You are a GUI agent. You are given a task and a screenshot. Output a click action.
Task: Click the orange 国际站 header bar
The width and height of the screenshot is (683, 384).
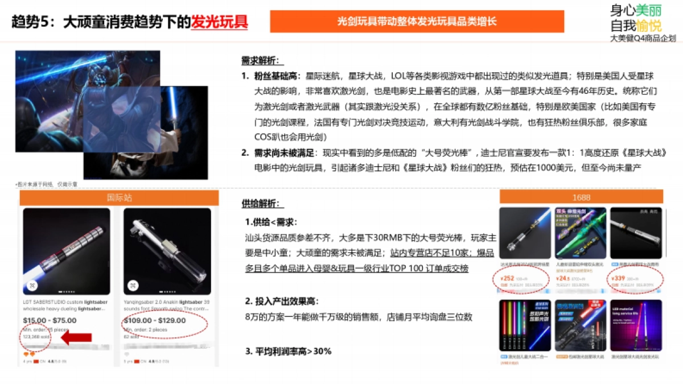pos(119,197)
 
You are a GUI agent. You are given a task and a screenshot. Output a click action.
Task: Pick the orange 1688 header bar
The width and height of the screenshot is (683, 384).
pos(581,197)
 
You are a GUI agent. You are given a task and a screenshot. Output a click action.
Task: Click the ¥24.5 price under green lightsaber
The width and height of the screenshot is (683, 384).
pos(563,278)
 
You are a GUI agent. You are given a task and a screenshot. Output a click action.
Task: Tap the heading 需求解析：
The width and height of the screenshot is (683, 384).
pos(262,61)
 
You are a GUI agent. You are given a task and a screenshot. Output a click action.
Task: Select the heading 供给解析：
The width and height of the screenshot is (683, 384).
pos(262,203)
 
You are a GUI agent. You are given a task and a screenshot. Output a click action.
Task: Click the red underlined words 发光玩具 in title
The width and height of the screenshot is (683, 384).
pos(219,22)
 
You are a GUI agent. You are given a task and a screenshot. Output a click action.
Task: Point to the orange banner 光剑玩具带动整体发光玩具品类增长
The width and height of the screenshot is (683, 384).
pos(417,22)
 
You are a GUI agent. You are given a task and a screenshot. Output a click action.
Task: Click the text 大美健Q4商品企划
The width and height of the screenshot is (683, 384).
pos(643,39)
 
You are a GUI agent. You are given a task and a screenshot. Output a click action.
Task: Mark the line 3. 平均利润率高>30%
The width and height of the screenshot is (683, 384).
pos(288,351)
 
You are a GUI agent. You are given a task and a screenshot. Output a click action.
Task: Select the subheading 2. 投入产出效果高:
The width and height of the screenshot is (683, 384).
pos(281,300)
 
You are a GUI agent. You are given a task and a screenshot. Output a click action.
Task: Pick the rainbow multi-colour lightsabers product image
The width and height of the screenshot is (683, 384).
pos(524,325)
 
